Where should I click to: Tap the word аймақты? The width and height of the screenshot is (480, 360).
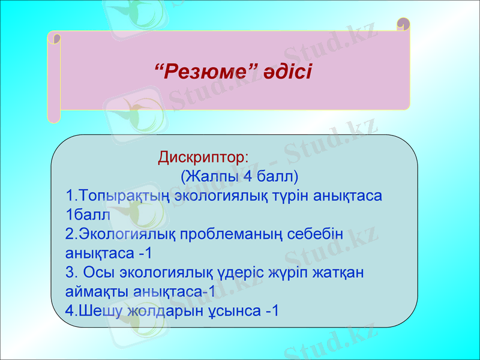(92, 292)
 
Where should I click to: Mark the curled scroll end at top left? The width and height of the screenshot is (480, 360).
(55, 37)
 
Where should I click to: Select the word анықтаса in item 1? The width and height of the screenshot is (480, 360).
(350, 196)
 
